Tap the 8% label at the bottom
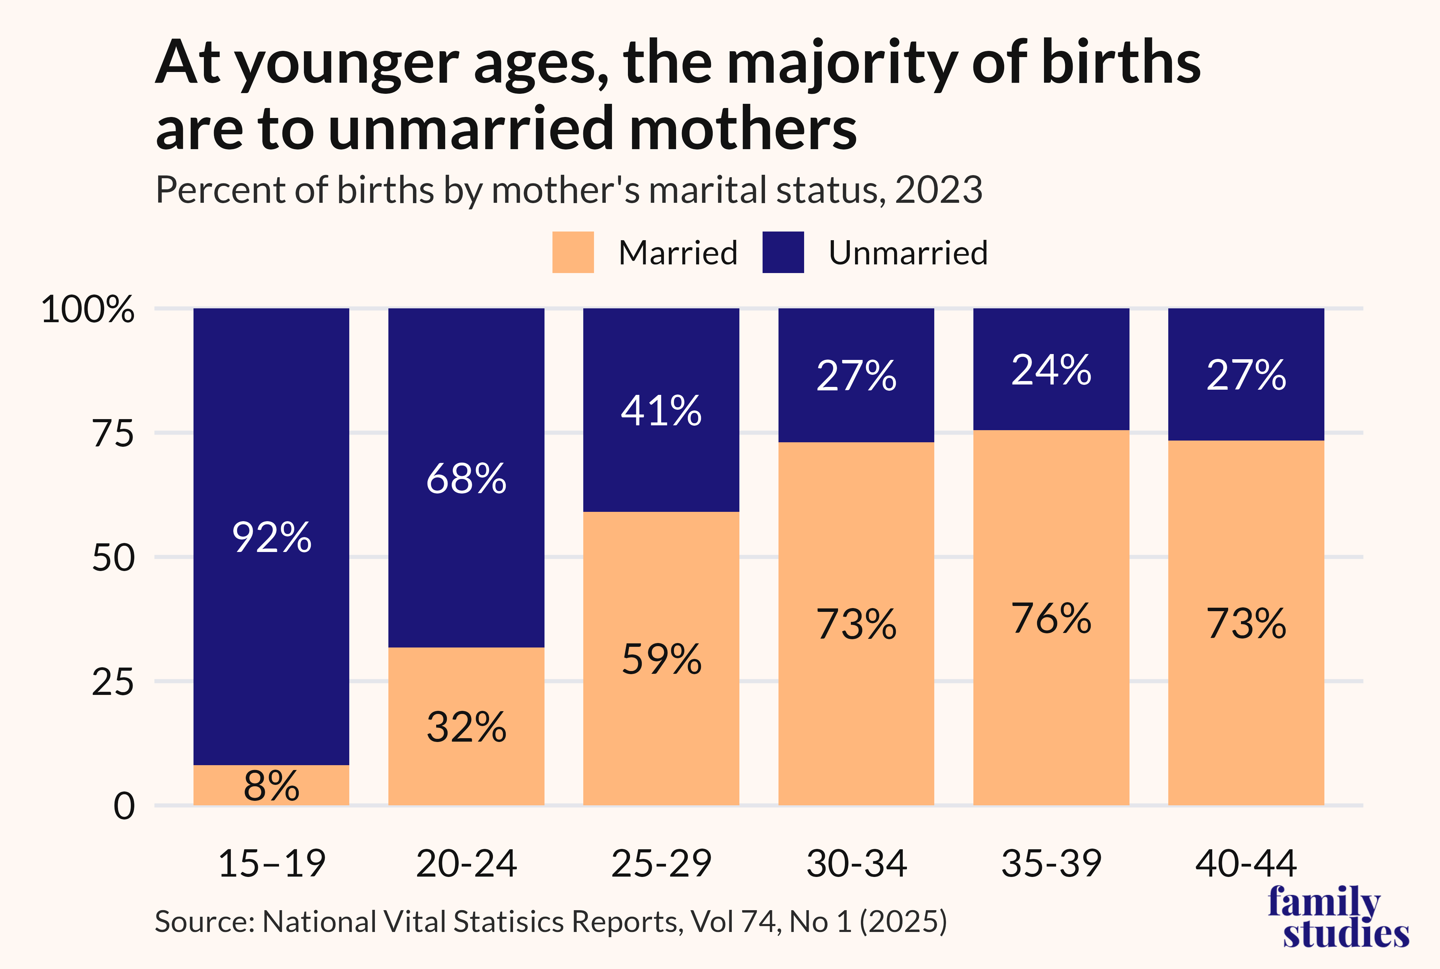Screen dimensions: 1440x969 [271, 786]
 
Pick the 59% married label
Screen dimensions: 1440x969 [661, 659]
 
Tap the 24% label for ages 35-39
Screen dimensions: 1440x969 [1051, 370]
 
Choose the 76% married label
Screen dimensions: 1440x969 [1051, 619]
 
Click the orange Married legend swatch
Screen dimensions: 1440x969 [573, 252]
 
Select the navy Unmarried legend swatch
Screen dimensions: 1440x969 [783, 252]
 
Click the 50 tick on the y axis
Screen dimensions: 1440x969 [113, 558]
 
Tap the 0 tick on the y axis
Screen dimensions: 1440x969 [124, 806]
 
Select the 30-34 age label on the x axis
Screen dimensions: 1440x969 [857, 863]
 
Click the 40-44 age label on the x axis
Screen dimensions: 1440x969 [1246, 863]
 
